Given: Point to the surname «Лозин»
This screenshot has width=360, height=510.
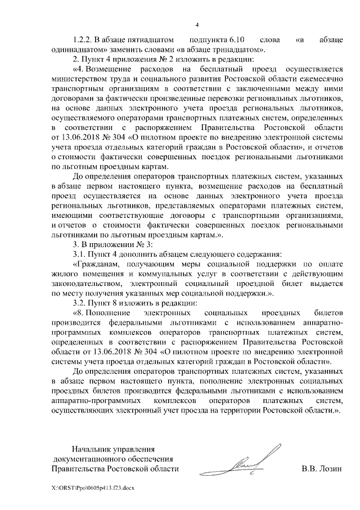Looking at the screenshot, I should tap(330, 469).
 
